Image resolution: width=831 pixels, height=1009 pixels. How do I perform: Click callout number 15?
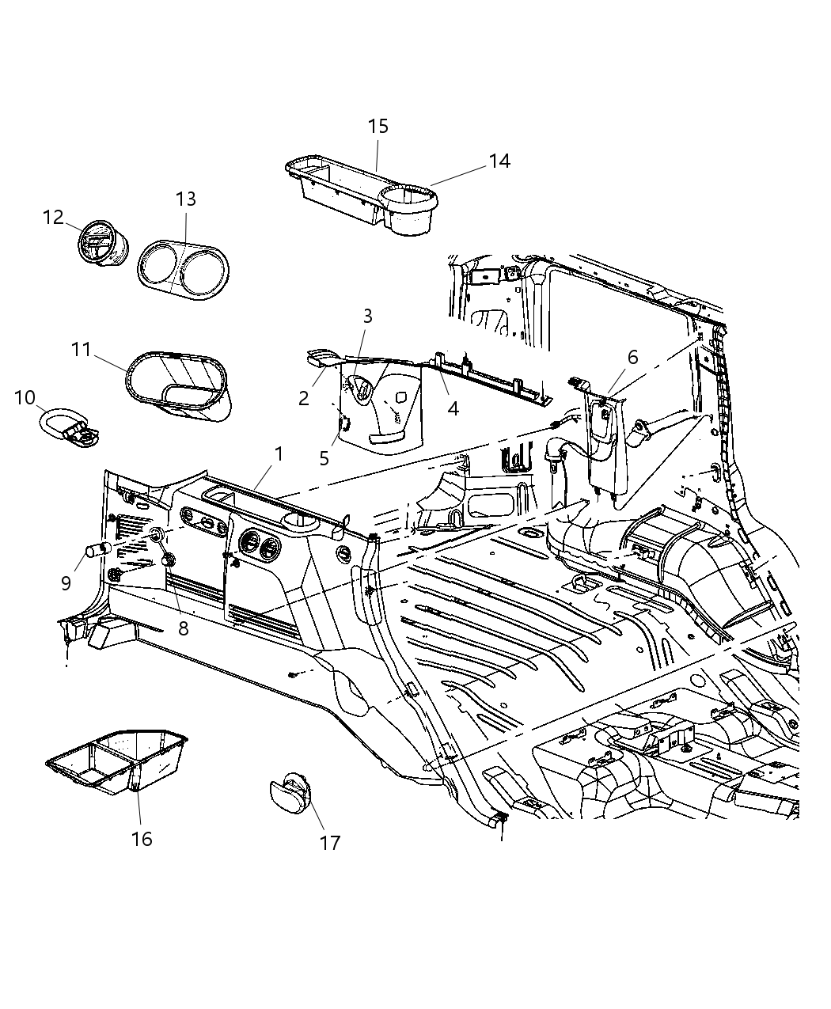(x=378, y=127)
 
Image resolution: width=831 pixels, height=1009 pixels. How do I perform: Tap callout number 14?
(x=499, y=161)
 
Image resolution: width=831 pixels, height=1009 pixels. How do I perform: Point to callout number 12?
(x=53, y=217)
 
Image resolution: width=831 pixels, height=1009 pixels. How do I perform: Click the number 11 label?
(x=82, y=349)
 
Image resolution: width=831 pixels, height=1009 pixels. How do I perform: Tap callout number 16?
(x=141, y=839)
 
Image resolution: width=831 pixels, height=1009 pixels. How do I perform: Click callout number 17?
(x=329, y=843)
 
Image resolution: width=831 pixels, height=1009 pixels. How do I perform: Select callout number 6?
(x=632, y=358)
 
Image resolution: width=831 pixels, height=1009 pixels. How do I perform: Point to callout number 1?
(x=279, y=453)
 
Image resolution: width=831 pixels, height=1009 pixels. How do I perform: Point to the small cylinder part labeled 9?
(x=97, y=550)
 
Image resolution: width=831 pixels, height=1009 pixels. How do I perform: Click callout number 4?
(x=453, y=408)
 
